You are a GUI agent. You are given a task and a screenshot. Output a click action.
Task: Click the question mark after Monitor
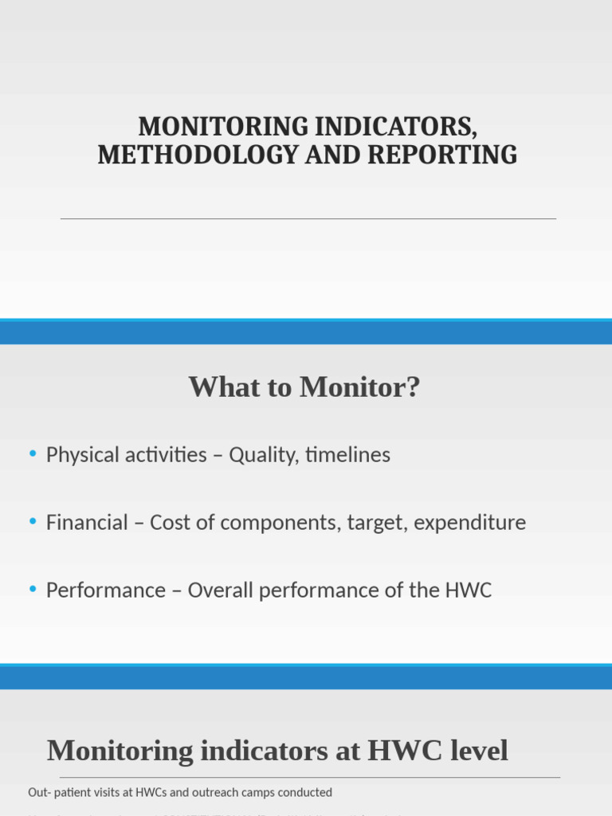(x=413, y=388)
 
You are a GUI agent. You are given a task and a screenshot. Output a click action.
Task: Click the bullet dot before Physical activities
(x=33, y=454)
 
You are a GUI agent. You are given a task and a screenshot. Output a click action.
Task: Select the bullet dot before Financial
(x=33, y=522)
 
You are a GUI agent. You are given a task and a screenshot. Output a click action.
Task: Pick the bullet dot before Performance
(x=33, y=590)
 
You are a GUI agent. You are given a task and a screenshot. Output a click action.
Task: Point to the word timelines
(x=348, y=455)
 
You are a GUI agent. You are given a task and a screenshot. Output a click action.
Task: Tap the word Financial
(x=87, y=523)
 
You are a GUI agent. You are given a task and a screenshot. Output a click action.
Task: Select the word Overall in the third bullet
(x=218, y=590)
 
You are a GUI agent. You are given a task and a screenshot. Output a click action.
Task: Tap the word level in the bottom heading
(x=477, y=751)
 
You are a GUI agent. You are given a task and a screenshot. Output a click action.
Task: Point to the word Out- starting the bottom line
(x=40, y=792)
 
